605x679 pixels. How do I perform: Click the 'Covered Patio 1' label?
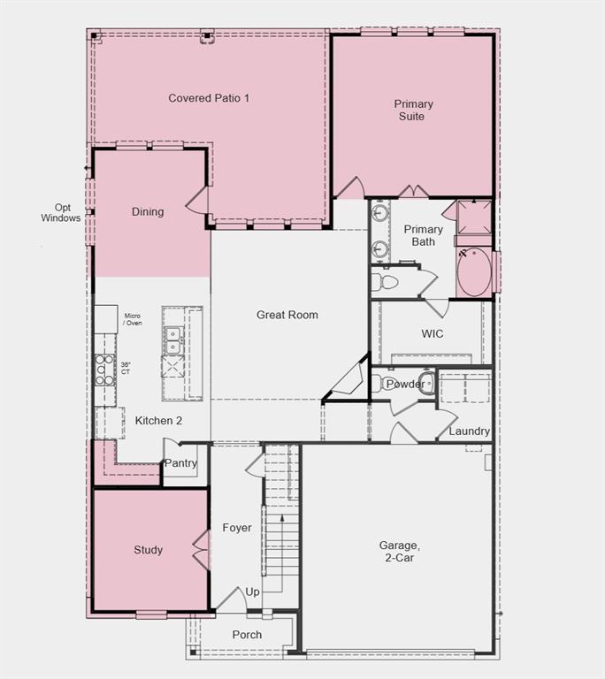tap(209, 98)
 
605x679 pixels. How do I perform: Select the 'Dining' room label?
tap(148, 212)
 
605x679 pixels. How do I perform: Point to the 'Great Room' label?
tap(287, 315)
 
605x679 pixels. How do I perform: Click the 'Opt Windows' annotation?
tap(61, 213)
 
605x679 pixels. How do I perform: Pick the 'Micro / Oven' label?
tap(133, 319)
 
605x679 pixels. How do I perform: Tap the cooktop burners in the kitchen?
tap(105, 368)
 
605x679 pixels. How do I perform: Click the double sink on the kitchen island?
tap(172, 335)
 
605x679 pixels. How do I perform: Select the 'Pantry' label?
tap(180, 463)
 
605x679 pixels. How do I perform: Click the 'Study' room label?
tap(149, 550)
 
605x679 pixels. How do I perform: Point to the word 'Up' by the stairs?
tap(253, 592)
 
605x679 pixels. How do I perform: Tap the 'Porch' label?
tap(247, 635)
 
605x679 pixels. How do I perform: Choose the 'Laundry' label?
tap(469, 431)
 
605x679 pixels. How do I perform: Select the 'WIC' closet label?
tap(433, 334)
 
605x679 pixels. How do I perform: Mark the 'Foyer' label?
tap(237, 528)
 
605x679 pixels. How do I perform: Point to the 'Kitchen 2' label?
tap(158, 421)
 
